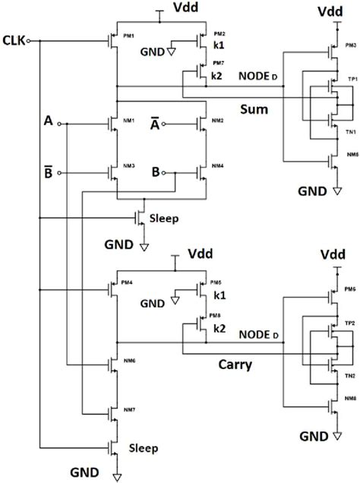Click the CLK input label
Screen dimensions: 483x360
(x=13, y=39)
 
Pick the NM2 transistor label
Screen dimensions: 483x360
(x=217, y=120)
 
